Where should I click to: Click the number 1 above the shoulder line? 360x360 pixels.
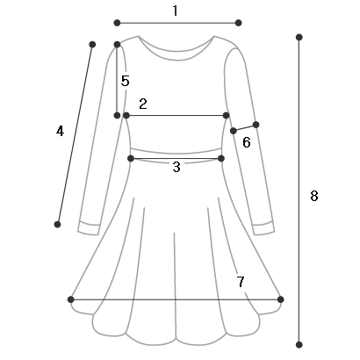point(175,11)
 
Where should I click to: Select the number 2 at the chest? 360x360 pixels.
point(143,104)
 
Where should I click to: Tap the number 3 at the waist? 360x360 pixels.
point(176,167)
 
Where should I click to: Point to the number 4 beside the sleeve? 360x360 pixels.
point(60,131)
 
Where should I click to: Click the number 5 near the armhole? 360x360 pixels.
point(126,81)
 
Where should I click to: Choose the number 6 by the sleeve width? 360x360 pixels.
point(247,142)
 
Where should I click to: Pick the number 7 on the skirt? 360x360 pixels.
point(241,282)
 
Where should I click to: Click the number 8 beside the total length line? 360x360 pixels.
point(314,196)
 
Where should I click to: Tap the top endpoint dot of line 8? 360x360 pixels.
point(299,37)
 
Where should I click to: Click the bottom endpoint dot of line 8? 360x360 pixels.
point(299,345)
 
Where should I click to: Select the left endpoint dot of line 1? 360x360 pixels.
point(117,23)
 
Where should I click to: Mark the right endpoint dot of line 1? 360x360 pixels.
point(238,23)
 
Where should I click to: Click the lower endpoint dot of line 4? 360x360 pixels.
point(57,225)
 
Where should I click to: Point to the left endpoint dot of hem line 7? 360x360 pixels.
point(71,299)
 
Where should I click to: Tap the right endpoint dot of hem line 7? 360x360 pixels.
point(280,299)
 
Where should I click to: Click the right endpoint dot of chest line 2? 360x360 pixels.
point(226,116)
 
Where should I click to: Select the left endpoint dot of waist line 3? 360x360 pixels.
point(131,159)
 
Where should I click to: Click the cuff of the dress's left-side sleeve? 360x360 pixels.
point(89,228)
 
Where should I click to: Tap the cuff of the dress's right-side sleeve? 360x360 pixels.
point(263,228)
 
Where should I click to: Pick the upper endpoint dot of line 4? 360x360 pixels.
point(92,45)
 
